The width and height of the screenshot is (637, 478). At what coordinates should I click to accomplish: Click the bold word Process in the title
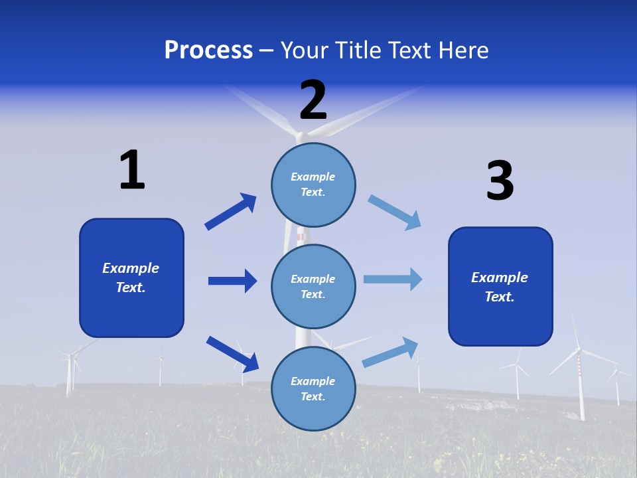tap(208, 50)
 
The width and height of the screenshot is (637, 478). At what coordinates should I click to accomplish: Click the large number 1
tap(132, 170)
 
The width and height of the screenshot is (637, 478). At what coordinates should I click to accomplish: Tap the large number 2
tap(313, 100)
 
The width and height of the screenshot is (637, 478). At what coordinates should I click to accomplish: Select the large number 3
tap(500, 181)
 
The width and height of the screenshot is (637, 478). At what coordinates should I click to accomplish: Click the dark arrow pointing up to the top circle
tap(230, 212)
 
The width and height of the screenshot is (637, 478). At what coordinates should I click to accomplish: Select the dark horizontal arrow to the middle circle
tap(232, 281)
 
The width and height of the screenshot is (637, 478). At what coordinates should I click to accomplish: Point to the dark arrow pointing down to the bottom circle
tap(232, 354)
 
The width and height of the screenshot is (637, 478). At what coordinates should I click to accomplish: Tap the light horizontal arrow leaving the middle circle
tap(393, 279)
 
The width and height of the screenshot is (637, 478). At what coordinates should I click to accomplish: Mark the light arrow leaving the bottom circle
tap(390, 353)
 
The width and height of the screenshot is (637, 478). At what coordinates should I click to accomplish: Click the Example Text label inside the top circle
tap(313, 184)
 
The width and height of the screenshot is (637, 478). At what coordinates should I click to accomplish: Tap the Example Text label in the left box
tap(131, 278)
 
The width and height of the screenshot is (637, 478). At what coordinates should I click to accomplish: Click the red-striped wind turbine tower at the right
tap(581, 385)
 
